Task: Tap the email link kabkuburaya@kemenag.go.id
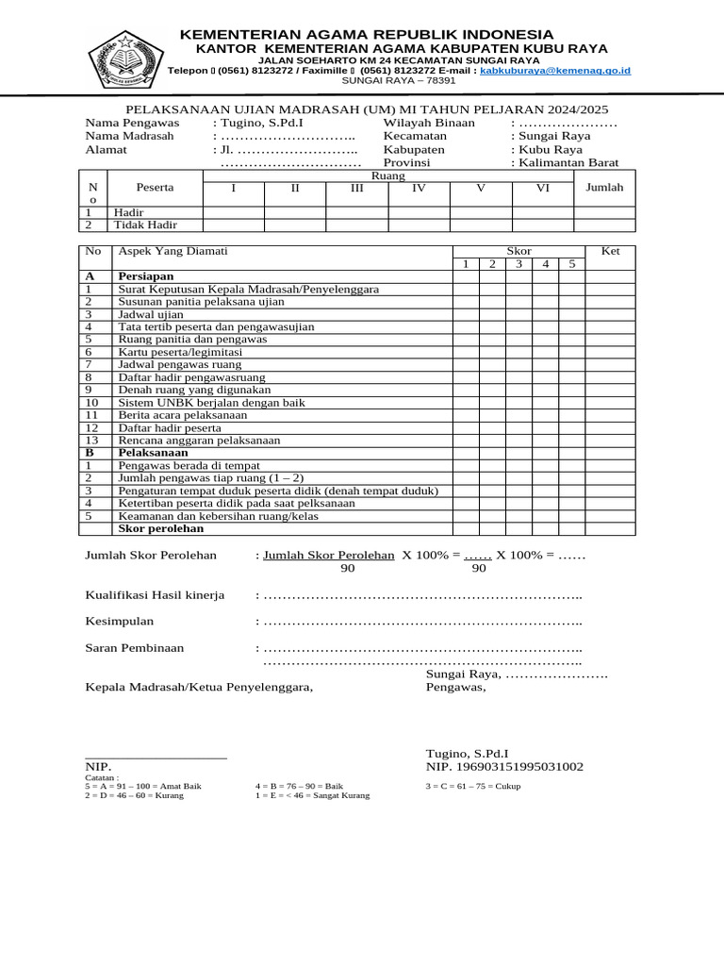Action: pos(555,71)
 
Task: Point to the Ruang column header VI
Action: pos(542,188)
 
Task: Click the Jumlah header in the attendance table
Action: pos(604,188)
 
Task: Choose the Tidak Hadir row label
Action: pos(145,225)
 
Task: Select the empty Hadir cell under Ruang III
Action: pos(356,212)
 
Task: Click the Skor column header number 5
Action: pos(571,263)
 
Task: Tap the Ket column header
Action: pos(611,251)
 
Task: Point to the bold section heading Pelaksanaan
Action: pos(153,453)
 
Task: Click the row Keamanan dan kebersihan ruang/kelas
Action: pos(218,516)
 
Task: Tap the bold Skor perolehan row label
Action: pos(162,529)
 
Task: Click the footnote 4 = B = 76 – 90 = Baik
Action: pos(299,786)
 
